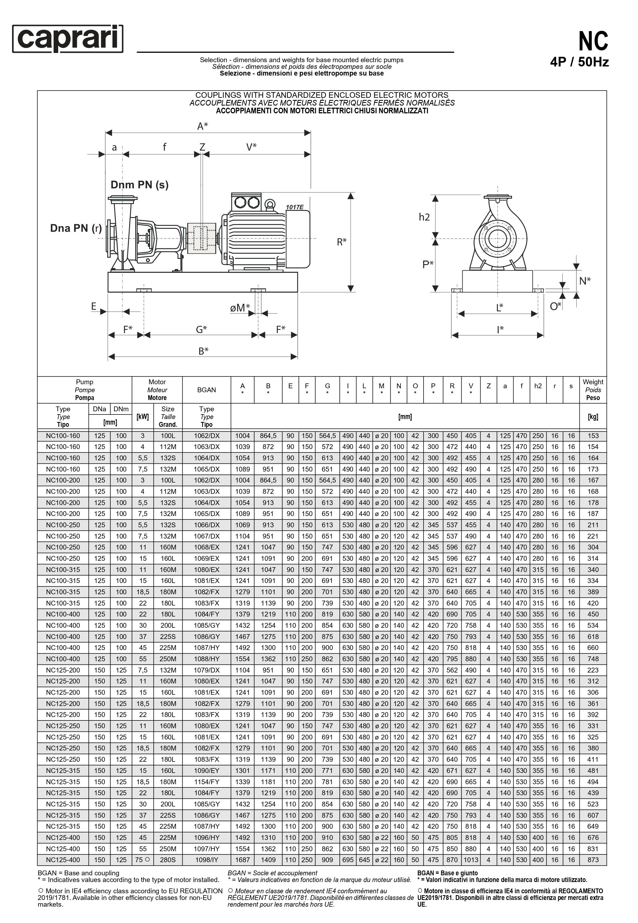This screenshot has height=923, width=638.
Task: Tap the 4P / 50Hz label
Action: click(x=579, y=63)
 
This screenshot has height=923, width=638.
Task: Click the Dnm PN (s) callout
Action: click(x=139, y=185)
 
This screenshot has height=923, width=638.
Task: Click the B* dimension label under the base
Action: click(x=203, y=351)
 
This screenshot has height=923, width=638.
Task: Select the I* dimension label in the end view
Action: click(x=500, y=330)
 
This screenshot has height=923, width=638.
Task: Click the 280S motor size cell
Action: click(x=168, y=860)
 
